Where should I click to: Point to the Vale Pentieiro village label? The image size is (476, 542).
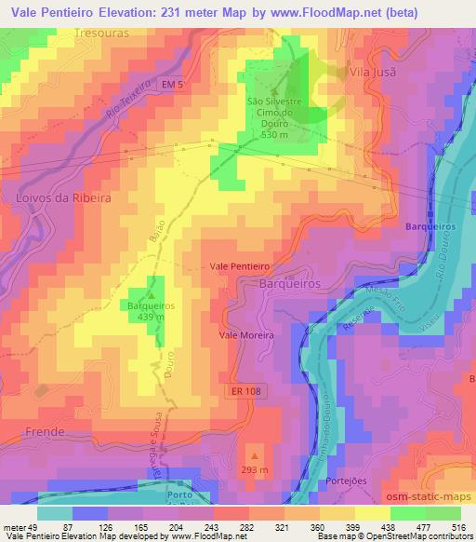240,265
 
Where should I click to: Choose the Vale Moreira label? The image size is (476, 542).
245,333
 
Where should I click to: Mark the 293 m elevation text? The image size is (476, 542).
254,469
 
